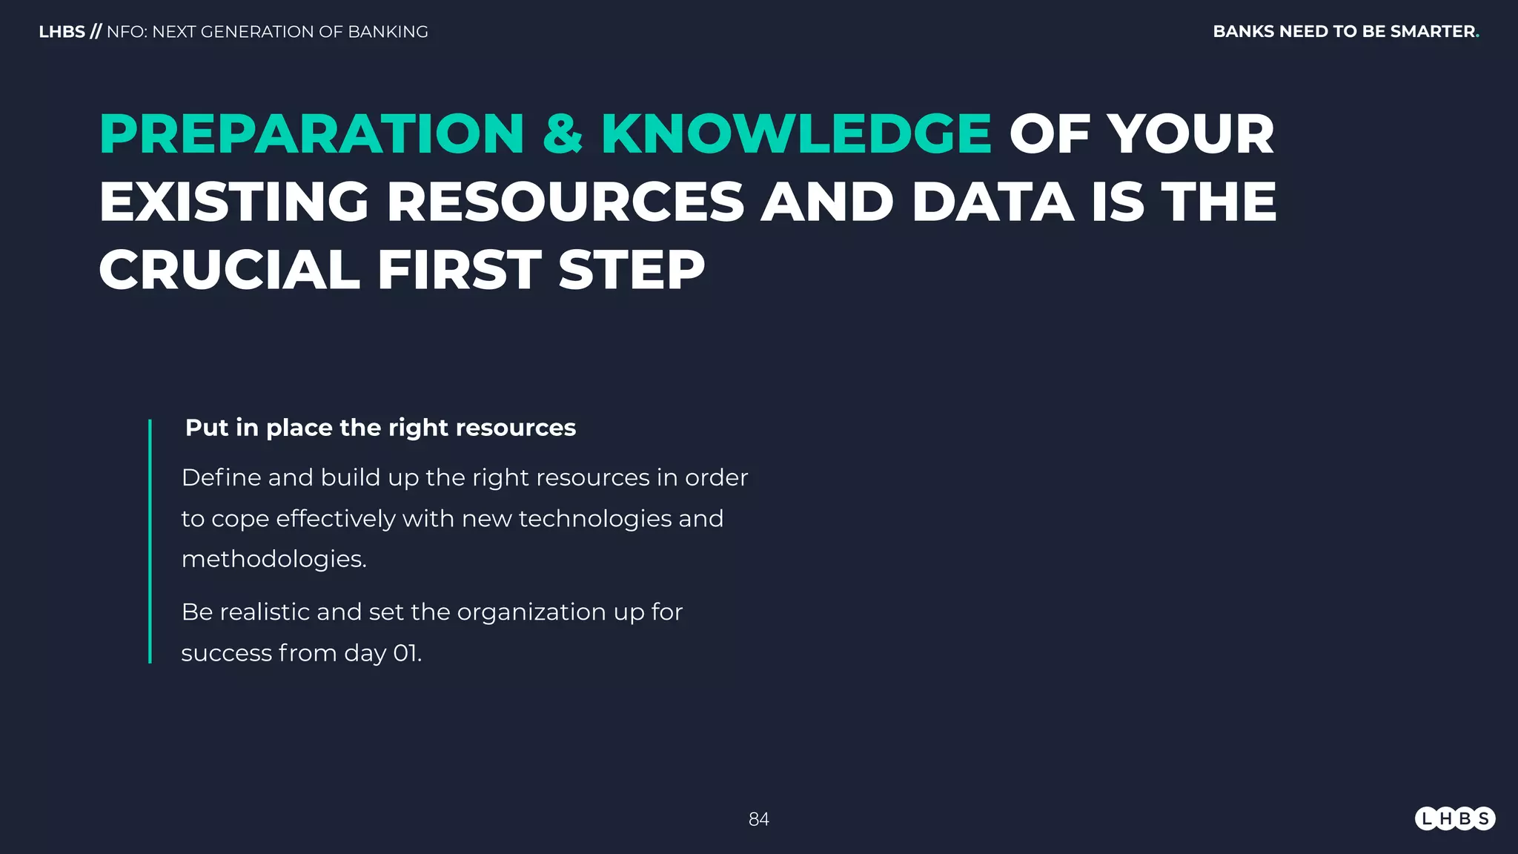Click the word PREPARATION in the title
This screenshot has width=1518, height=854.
point(312,134)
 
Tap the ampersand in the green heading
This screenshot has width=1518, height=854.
point(563,134)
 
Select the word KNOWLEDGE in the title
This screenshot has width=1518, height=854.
point(796,134)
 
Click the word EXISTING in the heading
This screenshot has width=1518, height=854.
point(234,202)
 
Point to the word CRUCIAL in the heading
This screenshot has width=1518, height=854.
point(229,269)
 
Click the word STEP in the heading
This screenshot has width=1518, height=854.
point(632,269)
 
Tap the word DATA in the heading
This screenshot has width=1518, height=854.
point(992,202)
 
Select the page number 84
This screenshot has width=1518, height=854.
point(758,819)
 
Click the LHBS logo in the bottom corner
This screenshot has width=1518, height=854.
point(1454,818)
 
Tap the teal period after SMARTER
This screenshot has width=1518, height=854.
point(1477,35)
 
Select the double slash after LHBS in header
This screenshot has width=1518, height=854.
point(96,32)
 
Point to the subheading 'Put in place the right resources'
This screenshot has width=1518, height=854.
point(380,428)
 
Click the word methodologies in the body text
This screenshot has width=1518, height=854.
point(274,559)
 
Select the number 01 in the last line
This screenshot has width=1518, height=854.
point(405,653)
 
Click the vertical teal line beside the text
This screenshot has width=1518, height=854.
point(150,541)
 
